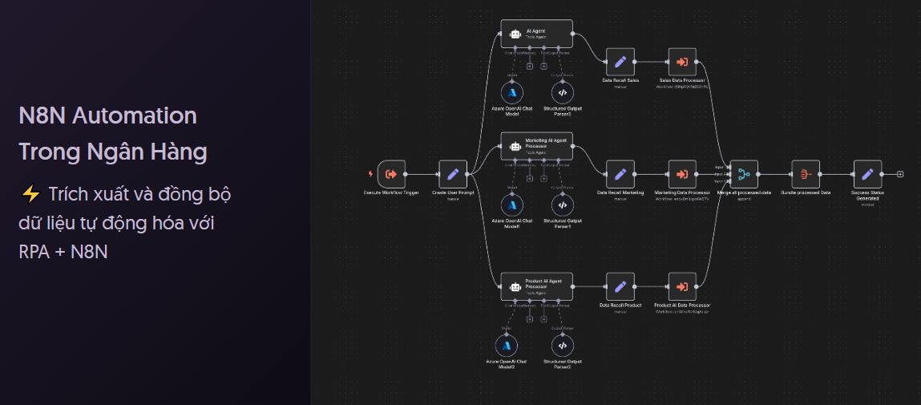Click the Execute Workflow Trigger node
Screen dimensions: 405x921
pos(392,174)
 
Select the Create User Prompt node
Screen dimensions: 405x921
pos(453,174)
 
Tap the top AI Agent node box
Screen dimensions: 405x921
pos(536,34)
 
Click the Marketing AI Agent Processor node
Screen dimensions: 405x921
pos(536,146)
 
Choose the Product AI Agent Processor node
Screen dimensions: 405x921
pos(536,286)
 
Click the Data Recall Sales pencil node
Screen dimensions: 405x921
pos(620,62)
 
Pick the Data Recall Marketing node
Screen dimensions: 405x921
pos(620,174)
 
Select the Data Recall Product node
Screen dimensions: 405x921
pos(620,286)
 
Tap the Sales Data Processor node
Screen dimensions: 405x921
pos(682,62)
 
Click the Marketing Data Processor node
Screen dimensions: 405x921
pos(682,174)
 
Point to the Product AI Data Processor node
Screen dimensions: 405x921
pos(682,286)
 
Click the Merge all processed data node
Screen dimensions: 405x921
pos(744,174)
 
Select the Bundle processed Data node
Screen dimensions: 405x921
pos(806,174)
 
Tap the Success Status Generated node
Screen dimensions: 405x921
pos(867,174)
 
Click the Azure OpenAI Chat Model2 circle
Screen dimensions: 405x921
pos(507,346)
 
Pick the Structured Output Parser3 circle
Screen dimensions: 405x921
pos(562,92)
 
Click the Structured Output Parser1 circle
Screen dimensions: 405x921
pos(562,205)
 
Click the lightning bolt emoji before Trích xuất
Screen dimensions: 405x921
pos(30,195)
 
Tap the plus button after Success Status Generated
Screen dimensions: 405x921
pos(901,174)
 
